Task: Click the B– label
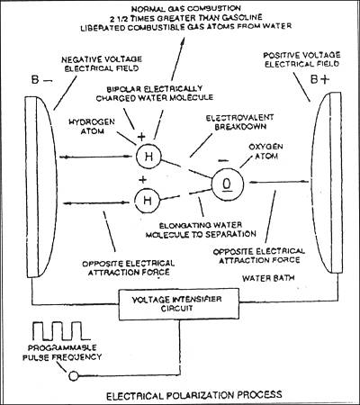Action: click(x=41, y=80)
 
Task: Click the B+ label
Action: click(x=319, y=80)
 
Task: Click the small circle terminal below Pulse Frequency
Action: click(x=74, y=375)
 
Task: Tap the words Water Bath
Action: click(x=268, y=278)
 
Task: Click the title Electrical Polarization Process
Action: click(x=194, y=395)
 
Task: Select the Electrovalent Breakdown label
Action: click(x=239, y=121)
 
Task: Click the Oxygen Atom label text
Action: click(x=266, y=151)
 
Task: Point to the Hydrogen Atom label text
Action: click(x=92, y=126)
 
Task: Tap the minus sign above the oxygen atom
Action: click(x=223, y=161)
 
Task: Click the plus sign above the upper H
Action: click(x=141, y=137)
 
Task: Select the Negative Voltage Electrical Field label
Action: click(x=102, y=64)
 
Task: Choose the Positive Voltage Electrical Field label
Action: click(x=301, y=59)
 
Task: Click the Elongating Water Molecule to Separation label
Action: click(x=201, y=229)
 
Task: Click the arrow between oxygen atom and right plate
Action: click(x=279, y=182)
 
